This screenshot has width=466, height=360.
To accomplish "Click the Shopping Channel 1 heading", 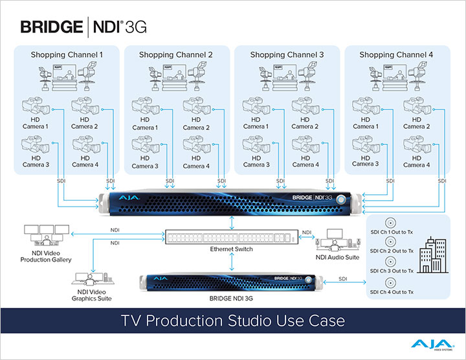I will [x=67, y=55].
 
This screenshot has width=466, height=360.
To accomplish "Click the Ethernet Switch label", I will [x=231, y=249].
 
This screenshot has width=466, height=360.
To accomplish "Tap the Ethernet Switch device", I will [x=231, y=236].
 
